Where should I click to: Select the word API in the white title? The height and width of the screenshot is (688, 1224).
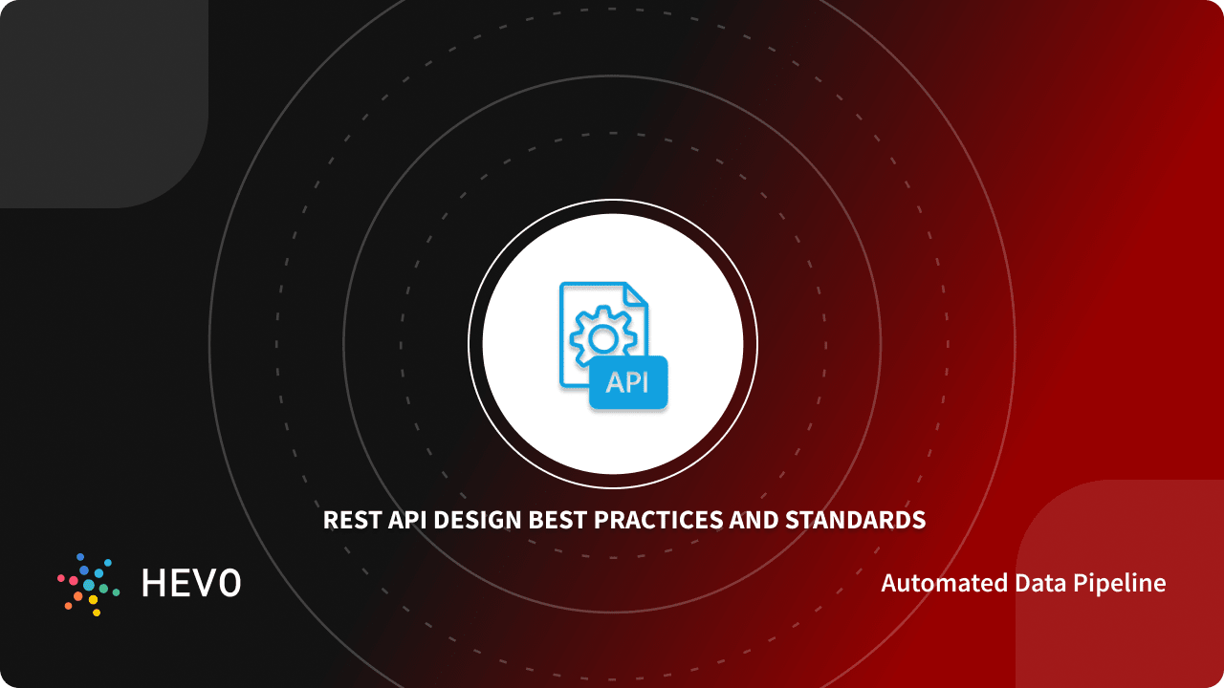pyautogui.click(x=404, y=521)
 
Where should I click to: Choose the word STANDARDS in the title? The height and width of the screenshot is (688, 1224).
pyautogui.click(x=855, y=521)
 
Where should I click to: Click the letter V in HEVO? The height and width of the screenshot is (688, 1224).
pyautogui.click(x=205, y=583)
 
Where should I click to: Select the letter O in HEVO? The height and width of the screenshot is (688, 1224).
pyautogui.click(x=229, y=583)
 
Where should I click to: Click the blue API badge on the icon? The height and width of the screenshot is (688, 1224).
pyautogui.click(x=627, y=382)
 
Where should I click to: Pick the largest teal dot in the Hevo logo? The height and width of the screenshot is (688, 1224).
pyautogui.click(x=89, y=585)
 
